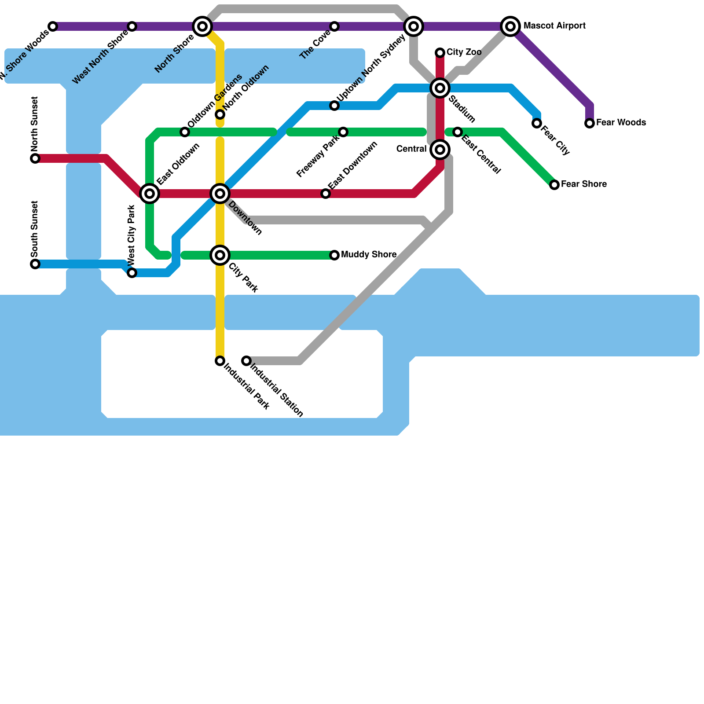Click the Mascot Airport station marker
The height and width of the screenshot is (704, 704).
(x=510, y=26)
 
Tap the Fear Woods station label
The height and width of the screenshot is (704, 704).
(x=621, y=123)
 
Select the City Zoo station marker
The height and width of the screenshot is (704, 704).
(x=440, y=53)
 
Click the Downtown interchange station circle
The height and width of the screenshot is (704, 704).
(x=220, y=194)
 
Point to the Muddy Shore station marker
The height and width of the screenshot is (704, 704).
(x=334, y=255)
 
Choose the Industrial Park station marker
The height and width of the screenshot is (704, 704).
(x=220, y=361)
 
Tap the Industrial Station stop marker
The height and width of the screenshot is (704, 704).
(x=246, y=361)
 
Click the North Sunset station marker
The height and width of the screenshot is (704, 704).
(x=35, y=158)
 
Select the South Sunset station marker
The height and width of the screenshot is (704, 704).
(x=35, y=264)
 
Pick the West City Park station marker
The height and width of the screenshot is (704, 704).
(x=132, y=273)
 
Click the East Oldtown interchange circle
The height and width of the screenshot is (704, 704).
(x=150, y=194)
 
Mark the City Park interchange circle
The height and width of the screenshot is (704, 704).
(x=220, y=255)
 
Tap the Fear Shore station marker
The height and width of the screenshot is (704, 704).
(x=554, y=185)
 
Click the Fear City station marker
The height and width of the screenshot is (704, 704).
(x=537, y=123)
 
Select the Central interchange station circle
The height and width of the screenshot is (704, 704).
(x=440, y=150)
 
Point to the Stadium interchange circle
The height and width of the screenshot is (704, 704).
(x=440, y=88)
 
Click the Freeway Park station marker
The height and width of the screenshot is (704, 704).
(x=343, y=132)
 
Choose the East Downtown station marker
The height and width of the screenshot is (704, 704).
(x=326, y=194)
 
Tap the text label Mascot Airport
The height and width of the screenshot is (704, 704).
(x=554, y=26)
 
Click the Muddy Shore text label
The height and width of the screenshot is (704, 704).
(x=369, y=255)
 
